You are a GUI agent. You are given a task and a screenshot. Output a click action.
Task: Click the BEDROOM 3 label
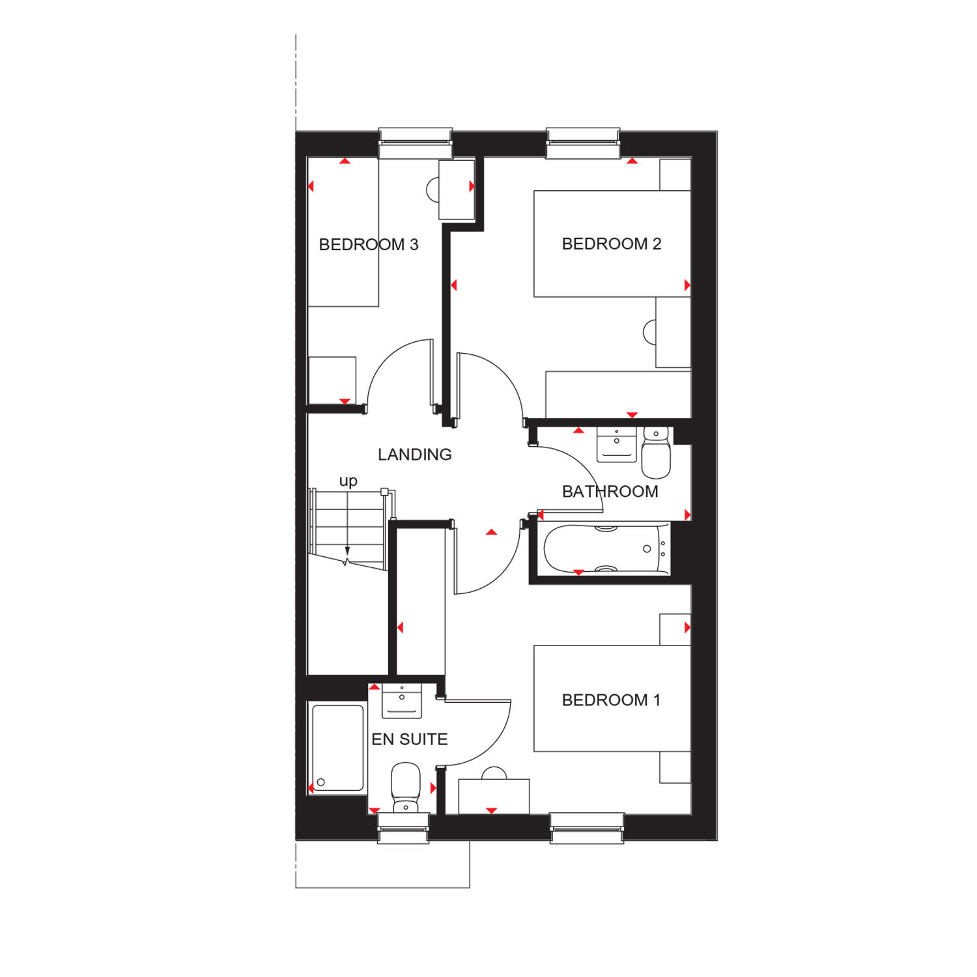click(x=369, y=245)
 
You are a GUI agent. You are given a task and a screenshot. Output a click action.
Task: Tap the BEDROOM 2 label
click(x=612, y=244)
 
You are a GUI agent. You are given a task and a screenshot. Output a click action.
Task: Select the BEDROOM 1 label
click(x=611, y=700)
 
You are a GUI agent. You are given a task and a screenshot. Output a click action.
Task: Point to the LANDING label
click(x=415, y=455)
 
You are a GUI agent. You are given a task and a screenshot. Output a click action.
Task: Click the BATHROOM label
click(x=610, y=492)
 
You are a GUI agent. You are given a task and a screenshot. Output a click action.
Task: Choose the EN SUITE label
click(x=410, y=739)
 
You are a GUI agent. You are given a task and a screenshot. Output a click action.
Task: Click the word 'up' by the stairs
click(x=348, y=481)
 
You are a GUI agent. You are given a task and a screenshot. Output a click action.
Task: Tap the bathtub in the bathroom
click(x=606, y=549)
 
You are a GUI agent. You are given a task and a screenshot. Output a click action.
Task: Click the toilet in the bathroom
click(x=656, y=452)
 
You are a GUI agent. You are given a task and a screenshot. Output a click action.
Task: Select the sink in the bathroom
click(x=616, y=444)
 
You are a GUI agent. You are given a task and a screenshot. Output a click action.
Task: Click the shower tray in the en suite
click(x=337, y=748)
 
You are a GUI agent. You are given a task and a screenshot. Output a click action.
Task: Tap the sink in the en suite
click(x=402, y=701)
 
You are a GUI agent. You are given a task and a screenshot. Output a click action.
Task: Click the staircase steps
click(x=348, y=528)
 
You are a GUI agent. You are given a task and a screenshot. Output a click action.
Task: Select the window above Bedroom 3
click(x=416, y=143)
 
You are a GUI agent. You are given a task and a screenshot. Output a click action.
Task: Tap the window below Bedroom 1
click(x=587, y=828)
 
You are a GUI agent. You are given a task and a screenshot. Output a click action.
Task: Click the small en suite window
click(x=403, y=828)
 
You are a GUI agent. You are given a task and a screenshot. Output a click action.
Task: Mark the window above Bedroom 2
click(x=583, y=143)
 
